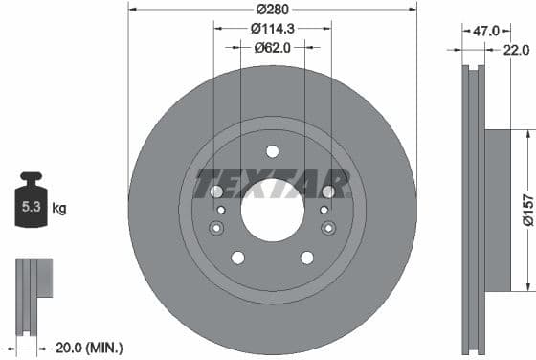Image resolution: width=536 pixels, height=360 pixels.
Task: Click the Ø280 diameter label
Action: click(273, 10)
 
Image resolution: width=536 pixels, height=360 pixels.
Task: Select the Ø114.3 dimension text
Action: click(273, 29)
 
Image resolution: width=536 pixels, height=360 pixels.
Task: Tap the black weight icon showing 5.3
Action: click(32, 201)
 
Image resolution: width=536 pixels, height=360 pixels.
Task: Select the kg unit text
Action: click(60, 206)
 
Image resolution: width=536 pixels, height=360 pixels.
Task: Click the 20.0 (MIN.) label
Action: click(87, 348)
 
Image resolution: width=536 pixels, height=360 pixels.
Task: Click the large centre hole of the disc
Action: click(273, 210)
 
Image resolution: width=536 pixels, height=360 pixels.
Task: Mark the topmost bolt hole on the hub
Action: click(273, 151)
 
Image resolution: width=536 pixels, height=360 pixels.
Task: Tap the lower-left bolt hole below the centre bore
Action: click(237, 258)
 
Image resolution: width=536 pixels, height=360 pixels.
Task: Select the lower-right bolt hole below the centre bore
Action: click(307, 258)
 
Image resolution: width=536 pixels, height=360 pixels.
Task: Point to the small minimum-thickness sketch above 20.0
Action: click(33, 291)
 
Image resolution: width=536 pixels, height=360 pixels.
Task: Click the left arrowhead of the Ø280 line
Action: click(132, 10)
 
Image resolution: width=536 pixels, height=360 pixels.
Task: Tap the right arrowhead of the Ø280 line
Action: click(413, 10)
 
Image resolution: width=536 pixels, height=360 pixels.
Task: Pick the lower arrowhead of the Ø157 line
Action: click(525, 285)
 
